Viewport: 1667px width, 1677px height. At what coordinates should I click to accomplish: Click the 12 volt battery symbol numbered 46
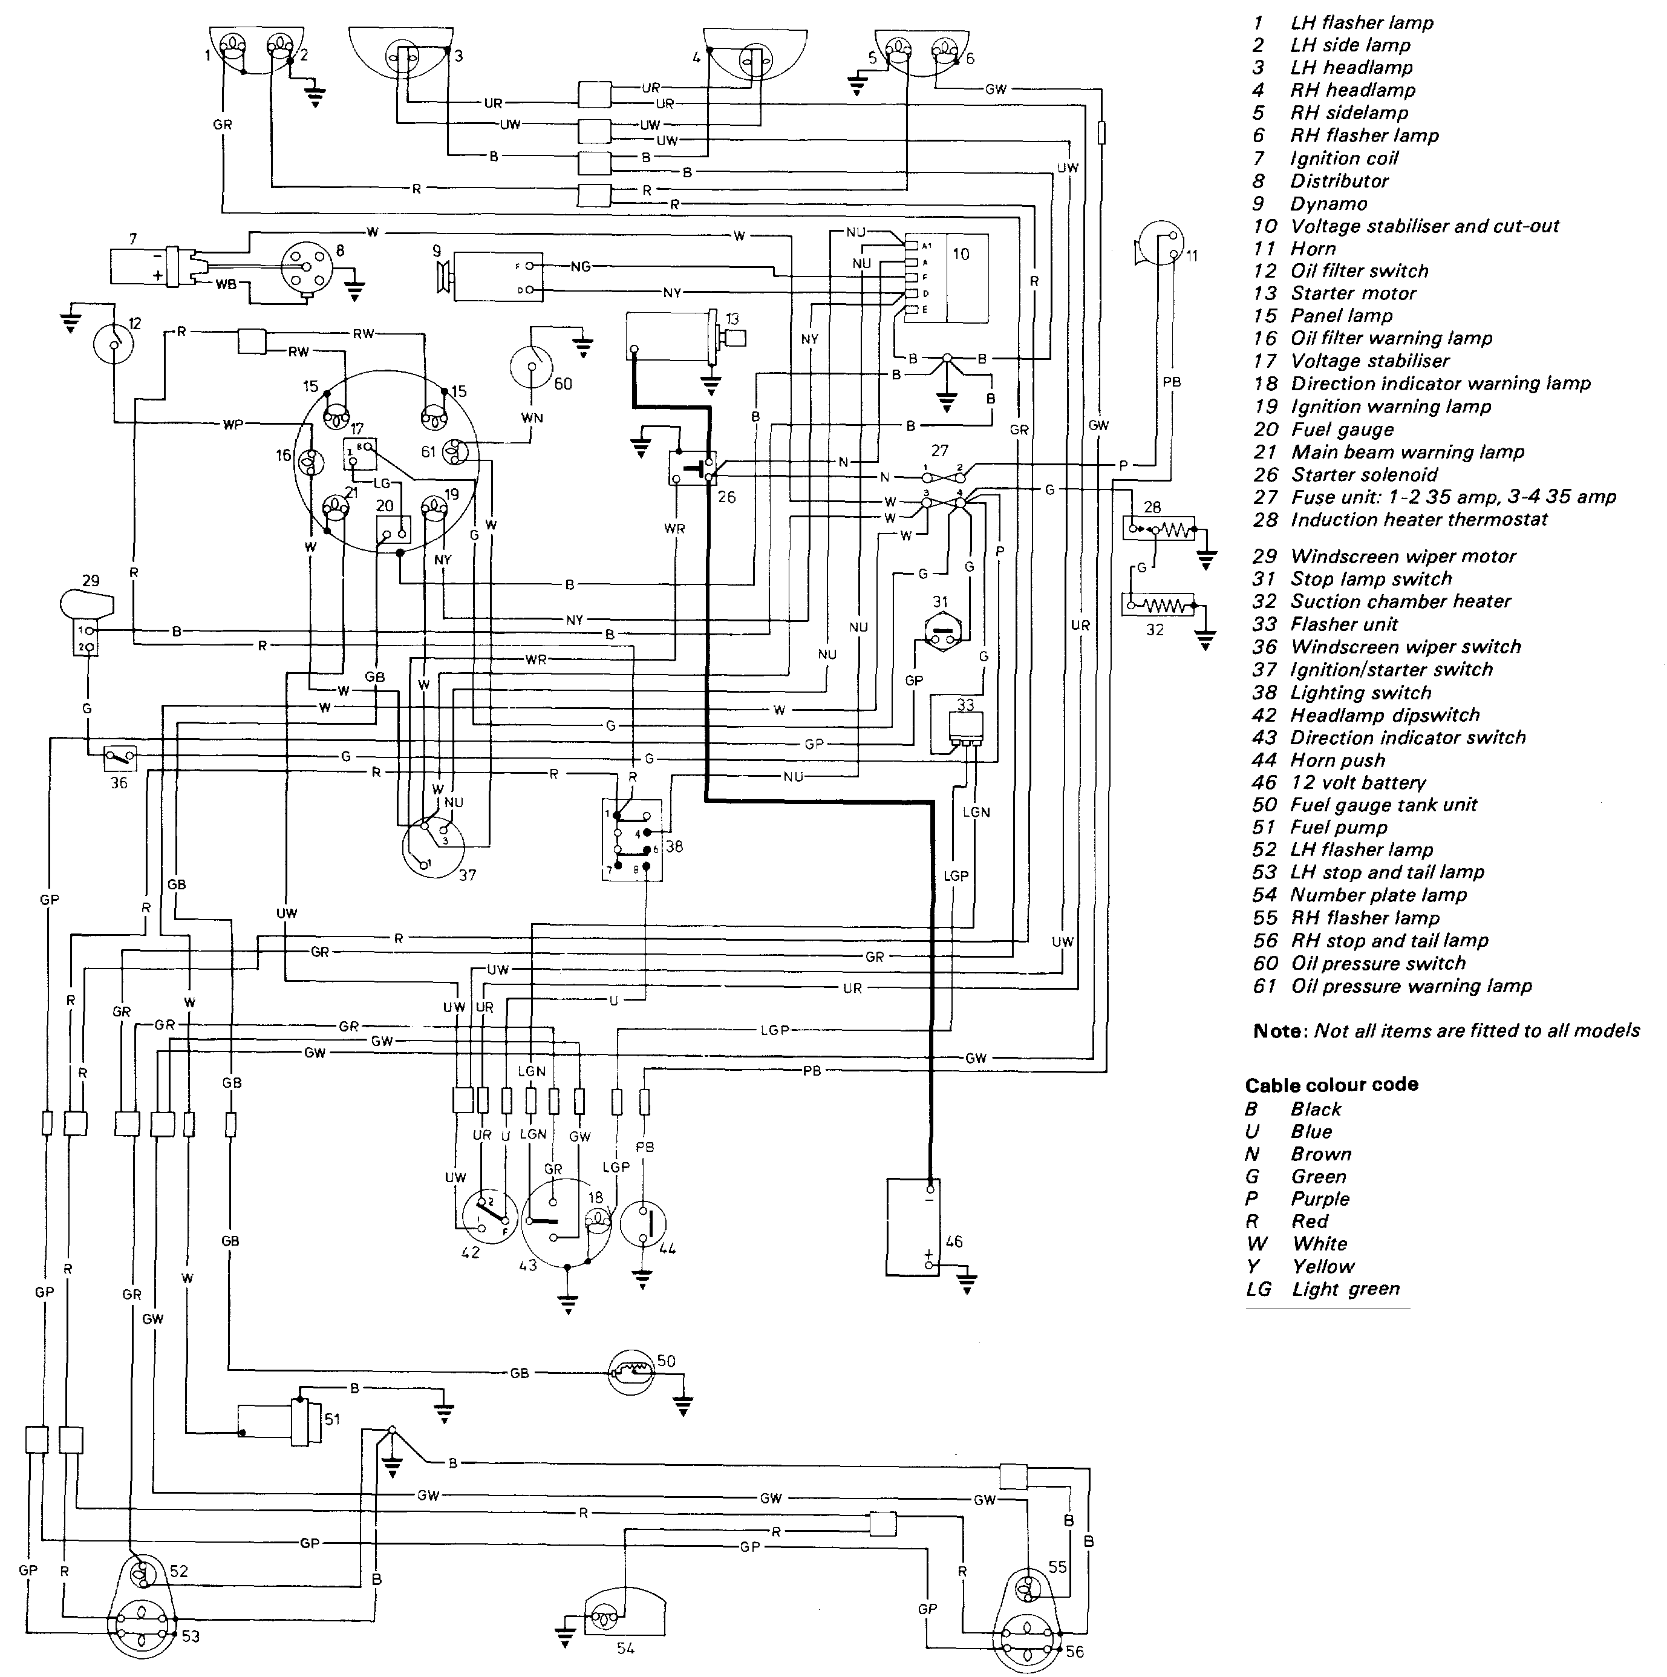click(x=913, y=1226)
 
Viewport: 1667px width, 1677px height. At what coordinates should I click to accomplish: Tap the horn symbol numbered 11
click(x=1161, y=245)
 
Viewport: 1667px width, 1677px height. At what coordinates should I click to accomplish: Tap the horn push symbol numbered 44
click(x=642, y=1224)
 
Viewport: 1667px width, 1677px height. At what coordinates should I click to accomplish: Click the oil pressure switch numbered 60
click(x=530, y=367)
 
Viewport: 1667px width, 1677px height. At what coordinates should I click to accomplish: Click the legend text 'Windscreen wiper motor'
click(x=1403, y=557)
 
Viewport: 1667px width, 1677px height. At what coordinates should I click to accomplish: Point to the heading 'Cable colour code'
click(x=1331, y=1085)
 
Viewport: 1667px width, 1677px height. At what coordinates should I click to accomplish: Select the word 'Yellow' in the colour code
click(x=1322, y=1266)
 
